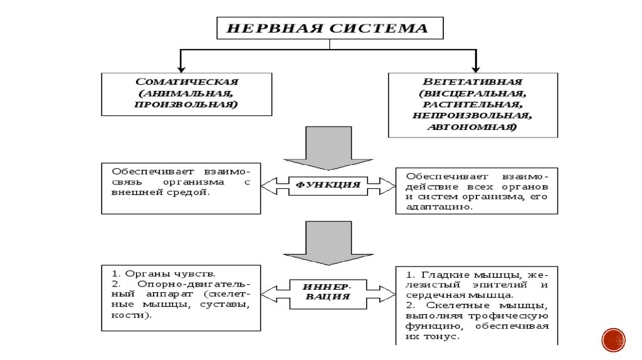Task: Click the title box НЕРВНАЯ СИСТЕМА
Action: point(330,28)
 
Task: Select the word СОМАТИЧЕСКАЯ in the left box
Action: point(187,82)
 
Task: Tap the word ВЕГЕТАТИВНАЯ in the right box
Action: point(472,82)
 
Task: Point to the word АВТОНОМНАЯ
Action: point(472,127)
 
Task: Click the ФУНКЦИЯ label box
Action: point(328,185)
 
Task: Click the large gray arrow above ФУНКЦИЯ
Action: point(328,148)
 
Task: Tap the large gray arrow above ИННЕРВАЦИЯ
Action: point(328,242)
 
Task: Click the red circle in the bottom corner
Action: point(613,339)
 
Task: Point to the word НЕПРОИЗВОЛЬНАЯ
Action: point(472,116)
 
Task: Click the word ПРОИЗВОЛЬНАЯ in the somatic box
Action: point(186,105)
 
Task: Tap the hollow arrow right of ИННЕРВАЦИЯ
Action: point(381,291)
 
